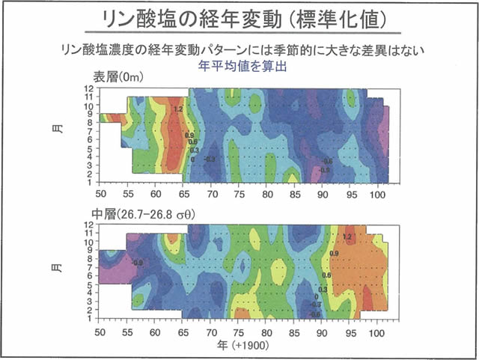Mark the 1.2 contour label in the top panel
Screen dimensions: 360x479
coord(177,110)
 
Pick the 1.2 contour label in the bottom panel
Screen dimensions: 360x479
coord(347,237)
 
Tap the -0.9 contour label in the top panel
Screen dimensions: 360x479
coord(324,171)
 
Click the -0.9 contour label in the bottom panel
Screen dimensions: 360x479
coord(138,263)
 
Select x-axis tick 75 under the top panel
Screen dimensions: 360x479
coord(239,192)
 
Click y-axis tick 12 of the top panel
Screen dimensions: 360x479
coord(88,89)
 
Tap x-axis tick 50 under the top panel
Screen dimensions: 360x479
coord(100,192)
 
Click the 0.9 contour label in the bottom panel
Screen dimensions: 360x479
coord(334,254)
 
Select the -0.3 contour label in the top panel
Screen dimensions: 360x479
coord(210,159)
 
